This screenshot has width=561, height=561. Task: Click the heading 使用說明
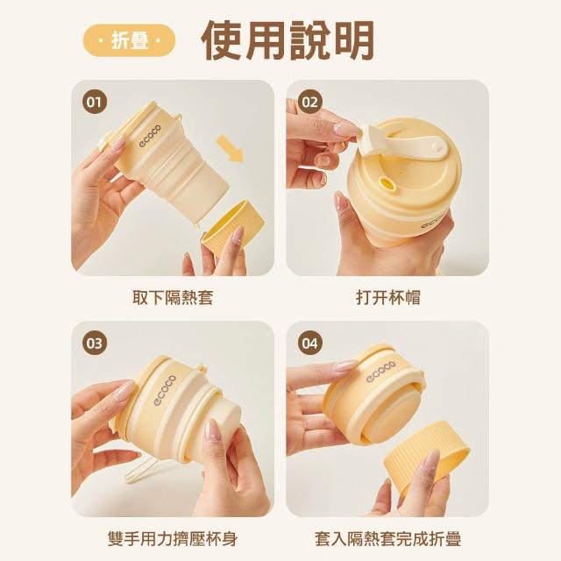(x=288, y=40)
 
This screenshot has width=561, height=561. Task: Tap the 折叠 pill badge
(x=129, y=40)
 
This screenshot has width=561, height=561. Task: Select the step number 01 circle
(x=95, y=103)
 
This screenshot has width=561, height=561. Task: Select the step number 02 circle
(x=309, y=103)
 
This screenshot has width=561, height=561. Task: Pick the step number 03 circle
(x=95, y=344)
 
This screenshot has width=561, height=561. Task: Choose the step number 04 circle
(x=309, y=344)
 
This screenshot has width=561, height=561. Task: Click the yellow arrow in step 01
(x=230, y=149)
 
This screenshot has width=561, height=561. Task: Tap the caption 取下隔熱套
(x=173, y=298)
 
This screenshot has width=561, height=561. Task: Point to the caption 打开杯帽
(x=388, y=298)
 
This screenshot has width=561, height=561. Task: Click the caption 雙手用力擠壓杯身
(x=173, y=539)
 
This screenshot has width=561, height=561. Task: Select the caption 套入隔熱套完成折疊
(x=388, y=539)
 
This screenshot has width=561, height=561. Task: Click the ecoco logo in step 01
(x=150, y=136)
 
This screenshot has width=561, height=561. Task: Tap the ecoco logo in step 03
(x=165, y=390)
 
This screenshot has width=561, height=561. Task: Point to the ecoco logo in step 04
(x=380, y=372)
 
